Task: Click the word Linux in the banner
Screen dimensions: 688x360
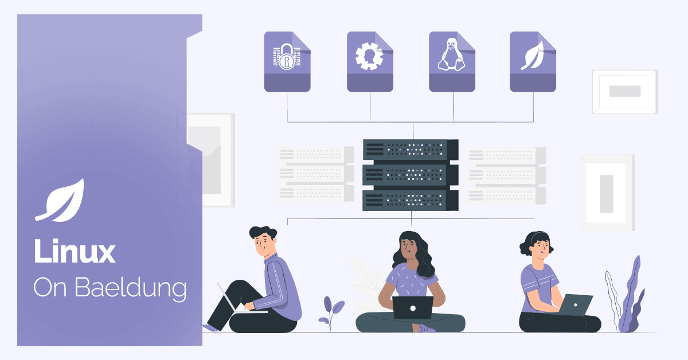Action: [75, 251]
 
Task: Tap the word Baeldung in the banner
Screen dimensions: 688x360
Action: [131, 288]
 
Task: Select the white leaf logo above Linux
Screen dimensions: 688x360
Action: [60, 200]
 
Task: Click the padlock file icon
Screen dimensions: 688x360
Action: [287, 61]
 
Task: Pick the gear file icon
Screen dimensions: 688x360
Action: [370, 61]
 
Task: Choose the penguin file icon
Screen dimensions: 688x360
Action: [452, 61]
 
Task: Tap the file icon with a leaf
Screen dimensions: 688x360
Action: [533, 61]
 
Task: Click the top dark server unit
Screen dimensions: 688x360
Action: [411, 150]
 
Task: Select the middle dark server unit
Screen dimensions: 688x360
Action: [411, 175]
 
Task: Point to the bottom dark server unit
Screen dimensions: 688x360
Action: [411, 201]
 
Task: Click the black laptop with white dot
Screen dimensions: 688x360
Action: [413, 307]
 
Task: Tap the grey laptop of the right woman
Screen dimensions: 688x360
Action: [575, 305]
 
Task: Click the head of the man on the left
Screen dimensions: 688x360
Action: [263, 241]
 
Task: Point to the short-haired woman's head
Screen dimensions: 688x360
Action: [536, 245]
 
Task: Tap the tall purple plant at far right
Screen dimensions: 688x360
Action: [626, 294]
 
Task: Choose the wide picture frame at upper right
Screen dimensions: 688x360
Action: [625, 92]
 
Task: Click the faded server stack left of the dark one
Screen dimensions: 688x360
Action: [316, 174]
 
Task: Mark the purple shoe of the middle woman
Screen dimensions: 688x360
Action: [427, 329]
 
